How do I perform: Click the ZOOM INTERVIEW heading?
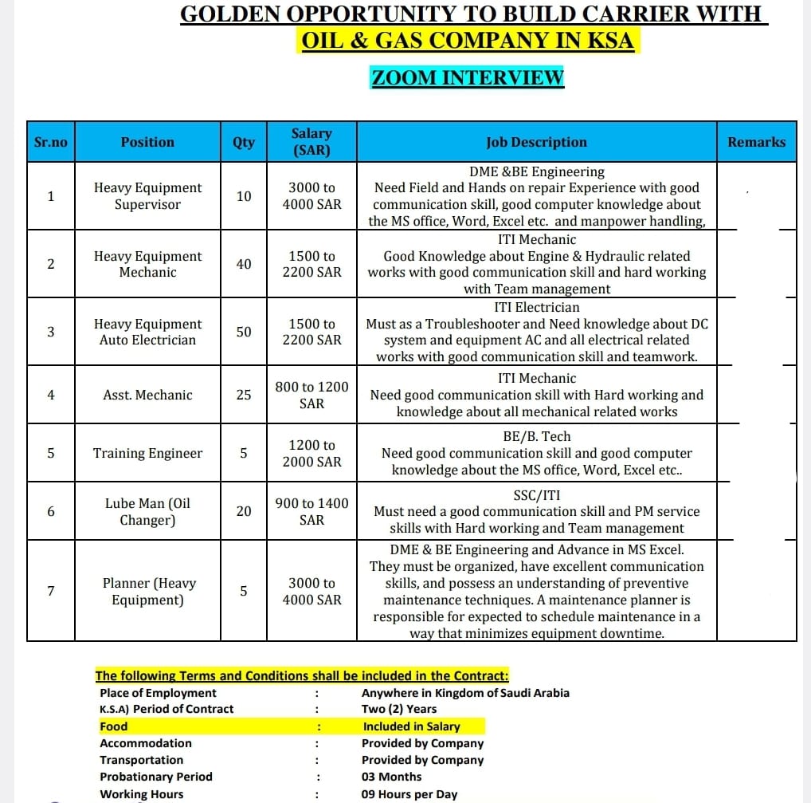tap(468, 77)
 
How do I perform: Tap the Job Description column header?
tap(536, 142)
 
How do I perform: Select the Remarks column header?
tap(756, 142)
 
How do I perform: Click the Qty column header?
tap(244, 142)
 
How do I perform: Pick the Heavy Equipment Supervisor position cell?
tap(147, 196)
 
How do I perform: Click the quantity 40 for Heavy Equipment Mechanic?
tap(244, 264)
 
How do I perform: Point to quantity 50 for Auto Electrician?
tap(244, 332)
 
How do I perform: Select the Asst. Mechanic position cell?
tap(147, 395)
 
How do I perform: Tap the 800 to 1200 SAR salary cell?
tap(311, 395)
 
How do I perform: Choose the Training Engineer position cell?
tap(147, 453)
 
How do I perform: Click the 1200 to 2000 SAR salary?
tap(311, 453)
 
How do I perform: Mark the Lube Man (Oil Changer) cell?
tap(147, 511)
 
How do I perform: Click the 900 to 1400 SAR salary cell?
tap(311, 511)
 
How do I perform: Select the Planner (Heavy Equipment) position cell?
tap(147, 591)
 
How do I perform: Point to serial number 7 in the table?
tap(51, 591)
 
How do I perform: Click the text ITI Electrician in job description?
tap(536, 307)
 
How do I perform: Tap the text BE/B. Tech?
tap(536, 436)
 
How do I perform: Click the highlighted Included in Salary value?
tap(411, 726)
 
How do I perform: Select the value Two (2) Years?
tap(399, 709)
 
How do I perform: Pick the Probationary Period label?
tap(156, 777)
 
